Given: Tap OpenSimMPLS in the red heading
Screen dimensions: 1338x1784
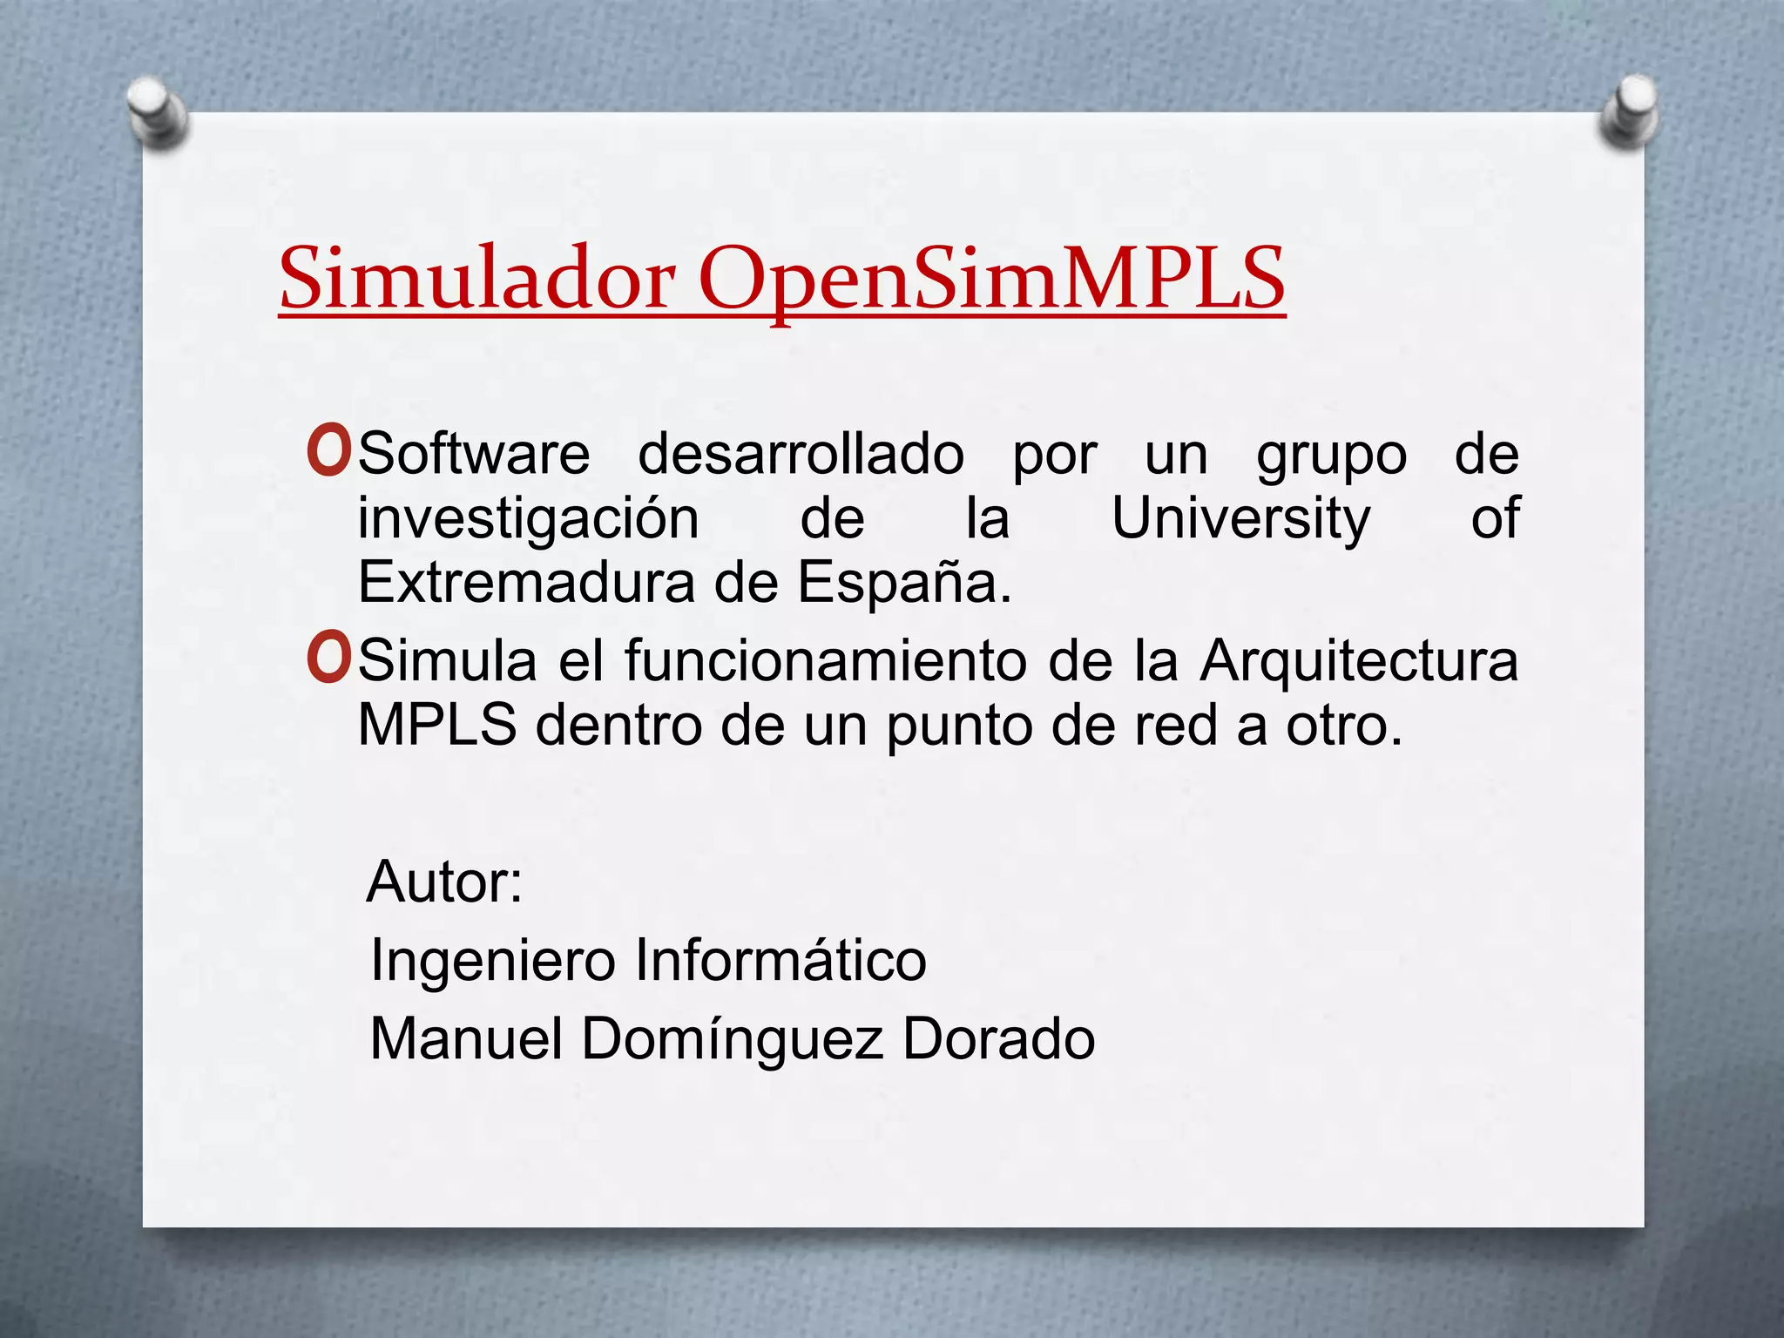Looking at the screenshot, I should click(991, 279).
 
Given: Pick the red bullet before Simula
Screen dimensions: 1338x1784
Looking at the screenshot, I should click(329, 659).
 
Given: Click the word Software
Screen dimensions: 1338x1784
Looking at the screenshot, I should click(474, 454).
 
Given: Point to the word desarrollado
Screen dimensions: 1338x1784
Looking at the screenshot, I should click(801, 454).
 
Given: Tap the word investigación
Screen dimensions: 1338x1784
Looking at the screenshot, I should click(528, 519).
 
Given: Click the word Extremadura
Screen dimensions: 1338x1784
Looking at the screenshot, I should click(526, 582).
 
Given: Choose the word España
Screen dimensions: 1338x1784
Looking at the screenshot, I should click(904, 582).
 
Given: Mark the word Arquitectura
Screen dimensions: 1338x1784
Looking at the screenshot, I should click(1359, 662).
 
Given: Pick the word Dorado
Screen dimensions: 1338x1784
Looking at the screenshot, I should click(998, 1038).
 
